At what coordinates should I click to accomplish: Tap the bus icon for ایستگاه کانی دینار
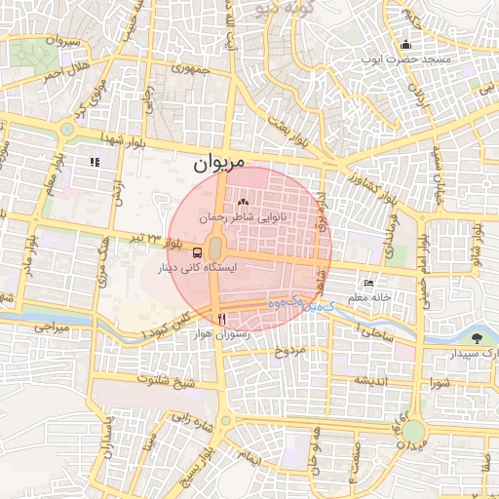(x=172, y=251)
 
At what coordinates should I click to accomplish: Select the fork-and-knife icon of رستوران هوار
(x=222, y=319)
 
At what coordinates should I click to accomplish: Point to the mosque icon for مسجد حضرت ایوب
(x=405, y=44)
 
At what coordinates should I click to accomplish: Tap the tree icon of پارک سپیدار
(x=477, y=338)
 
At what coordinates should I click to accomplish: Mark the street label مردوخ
(x=289, y=348)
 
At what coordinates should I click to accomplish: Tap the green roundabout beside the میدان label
(x=414, y=430)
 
